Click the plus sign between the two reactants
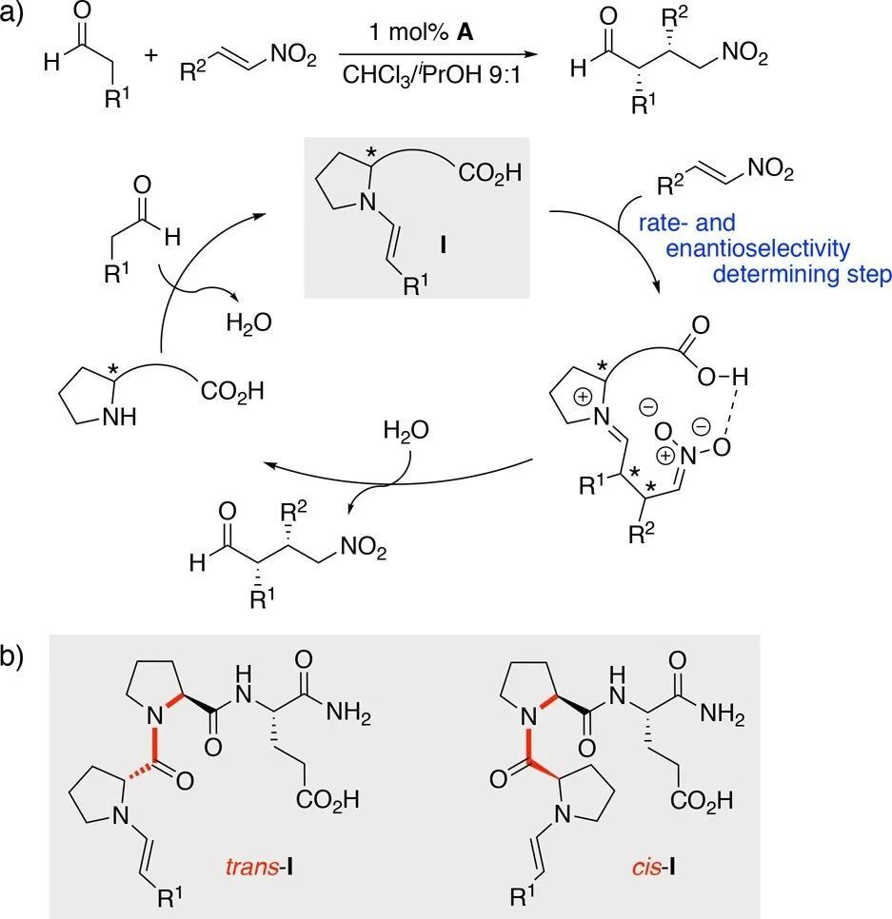(149, 56)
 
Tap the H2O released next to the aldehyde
(248, 323)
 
